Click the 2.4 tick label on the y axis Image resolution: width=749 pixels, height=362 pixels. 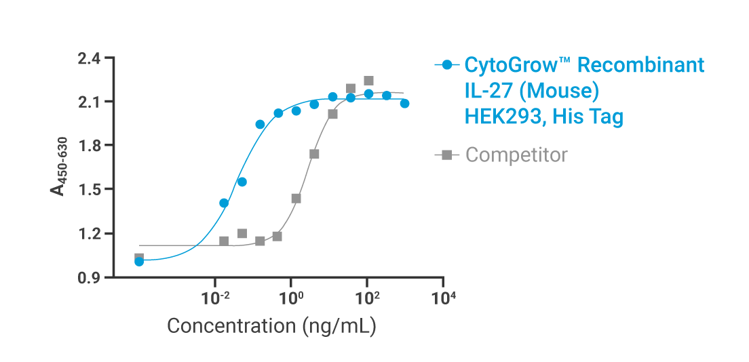pyautogui.click(x=89, y=58)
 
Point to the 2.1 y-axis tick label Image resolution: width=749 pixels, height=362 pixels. pyautogui.click(x=89, y=102)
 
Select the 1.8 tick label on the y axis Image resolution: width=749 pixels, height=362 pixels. pyautogui.click(x=89, y=146)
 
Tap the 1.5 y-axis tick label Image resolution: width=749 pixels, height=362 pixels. pyautogui.click(x=89, y=189)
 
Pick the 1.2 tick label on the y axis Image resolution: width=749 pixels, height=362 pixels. pyautogui.click(x=89, y=233)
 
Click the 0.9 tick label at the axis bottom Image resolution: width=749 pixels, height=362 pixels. pyautogui.click(x=89, y=277)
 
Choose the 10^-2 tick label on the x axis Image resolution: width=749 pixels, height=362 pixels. pyautogui.click(x=216, y=297)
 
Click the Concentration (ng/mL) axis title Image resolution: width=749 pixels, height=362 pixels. pyautogui.click(x=271, y=326)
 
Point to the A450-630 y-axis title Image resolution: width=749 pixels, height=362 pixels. pyautogui.click(x=59, y=178)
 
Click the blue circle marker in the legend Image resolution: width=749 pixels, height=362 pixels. pyautogui.click(x=446, y=66)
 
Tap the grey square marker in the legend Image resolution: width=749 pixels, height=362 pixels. pyautogui.click(x=446, y=155)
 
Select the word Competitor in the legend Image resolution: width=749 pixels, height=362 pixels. pyautogui.click(x=516, y=155)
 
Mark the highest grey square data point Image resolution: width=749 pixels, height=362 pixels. pyautogui.click(x=368, y=81)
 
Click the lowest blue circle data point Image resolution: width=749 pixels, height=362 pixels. pyautogui.click(x=139, y=262)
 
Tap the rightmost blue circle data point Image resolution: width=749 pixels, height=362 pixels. pyautogui.click(x=404, y=103)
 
